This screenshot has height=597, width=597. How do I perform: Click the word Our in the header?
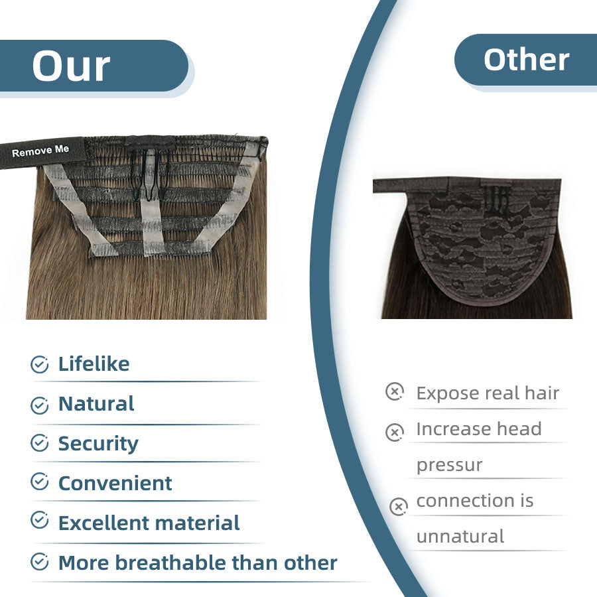pyautogui.click(x=71, y=66)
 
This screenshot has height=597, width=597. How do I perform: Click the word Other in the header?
pyautogui.click(x=527, y=60)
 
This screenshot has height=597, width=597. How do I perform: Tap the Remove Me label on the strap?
pyautogui.click(x=40, y=151)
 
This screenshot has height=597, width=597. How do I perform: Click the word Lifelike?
pyautogui.click(x=94, y=364)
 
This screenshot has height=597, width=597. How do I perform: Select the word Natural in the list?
pyautogui.click(x=96, y=403)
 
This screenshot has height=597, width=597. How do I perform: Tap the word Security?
pyautogui.click(x=98, y=444)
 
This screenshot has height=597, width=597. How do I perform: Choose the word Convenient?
pyautogui.click(x=115, y=484)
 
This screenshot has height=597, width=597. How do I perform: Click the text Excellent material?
pyautogui.click(x=149, y=523)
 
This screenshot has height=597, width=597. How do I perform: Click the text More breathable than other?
pyautogui.click(x=198, y=563)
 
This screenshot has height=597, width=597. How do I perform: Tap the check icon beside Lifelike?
pyautogui.click(x=39, y=364)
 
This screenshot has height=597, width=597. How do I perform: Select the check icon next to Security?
pyautogui.click(x=39, y=443)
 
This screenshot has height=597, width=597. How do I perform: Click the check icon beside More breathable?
pyautogui.click(x=39, y=562)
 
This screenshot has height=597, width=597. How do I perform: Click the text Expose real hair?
pyautogui.click(x=488, y=393)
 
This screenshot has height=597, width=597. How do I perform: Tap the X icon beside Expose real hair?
pyautogui.click(x=395, y=391)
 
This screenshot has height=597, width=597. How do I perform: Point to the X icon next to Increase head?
pyautogui.click(x=395, y=432)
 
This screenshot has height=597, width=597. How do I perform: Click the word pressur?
pyautogui.click(x=449, y=465)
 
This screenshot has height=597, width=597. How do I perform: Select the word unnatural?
pyautogui.click(x=460, y=537)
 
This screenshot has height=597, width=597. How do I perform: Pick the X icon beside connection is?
pyautogui.click(x=399, y=507)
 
